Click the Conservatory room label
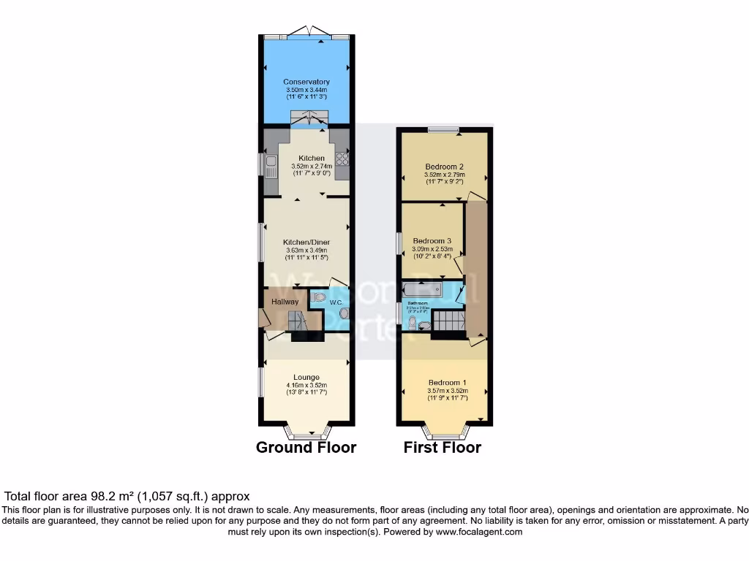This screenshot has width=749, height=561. (x=306, y=82)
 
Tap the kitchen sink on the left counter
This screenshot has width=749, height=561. (x=271, y=165)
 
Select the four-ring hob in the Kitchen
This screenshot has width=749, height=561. (x=342, y=159)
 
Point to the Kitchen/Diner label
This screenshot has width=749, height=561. (x=306, y=242)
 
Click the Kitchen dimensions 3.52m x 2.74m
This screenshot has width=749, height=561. (x=310, y=166)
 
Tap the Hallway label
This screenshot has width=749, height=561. (x=285, y=302)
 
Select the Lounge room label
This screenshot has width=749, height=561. (x=306, y=377)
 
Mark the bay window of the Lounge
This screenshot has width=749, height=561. (x=307, y=432)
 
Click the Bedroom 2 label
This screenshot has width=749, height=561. (x=445, y=167)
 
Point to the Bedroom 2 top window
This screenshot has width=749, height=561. (x=443, y=130)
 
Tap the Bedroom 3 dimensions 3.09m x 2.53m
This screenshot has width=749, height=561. (x=432, y=249)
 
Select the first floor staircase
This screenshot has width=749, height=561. (x=447, y=320)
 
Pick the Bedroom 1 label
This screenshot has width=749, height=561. (x=447, y=383)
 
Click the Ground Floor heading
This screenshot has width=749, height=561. (x=306, y=448)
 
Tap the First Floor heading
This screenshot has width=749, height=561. (x=442, y=448)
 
